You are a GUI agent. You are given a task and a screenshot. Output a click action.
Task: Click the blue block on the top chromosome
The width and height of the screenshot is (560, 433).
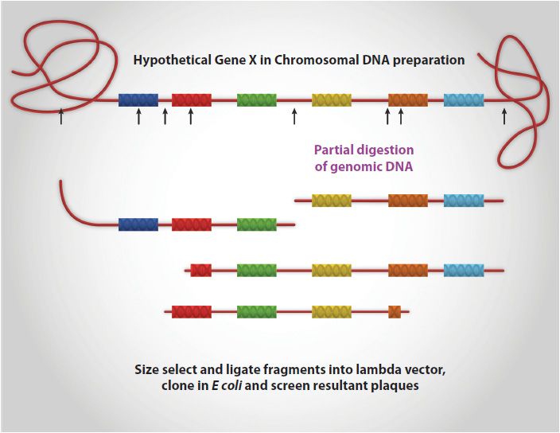tap(138, 100)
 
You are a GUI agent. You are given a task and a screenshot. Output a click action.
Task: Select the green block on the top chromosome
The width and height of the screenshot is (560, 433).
tap(257, 100)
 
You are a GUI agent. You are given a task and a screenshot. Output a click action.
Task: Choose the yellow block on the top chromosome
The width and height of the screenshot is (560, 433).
tap(332, 100)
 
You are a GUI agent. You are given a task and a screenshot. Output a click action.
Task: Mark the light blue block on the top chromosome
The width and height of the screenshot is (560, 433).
tap(464, 100)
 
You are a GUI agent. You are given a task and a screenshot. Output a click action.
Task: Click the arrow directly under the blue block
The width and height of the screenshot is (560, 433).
tap(138, 117)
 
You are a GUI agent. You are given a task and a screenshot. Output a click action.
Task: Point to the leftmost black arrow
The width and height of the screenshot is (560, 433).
tap(61, 117)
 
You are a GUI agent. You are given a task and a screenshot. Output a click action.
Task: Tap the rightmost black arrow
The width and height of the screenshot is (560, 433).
tap(504, 117)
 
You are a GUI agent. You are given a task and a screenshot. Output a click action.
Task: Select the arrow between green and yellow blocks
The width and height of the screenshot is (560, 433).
tap(294, 117)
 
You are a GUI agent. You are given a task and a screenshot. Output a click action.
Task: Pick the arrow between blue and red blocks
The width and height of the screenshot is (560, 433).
tap(165, 117)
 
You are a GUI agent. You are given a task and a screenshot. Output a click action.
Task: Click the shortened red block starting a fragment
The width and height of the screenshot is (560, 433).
tap(201, 271)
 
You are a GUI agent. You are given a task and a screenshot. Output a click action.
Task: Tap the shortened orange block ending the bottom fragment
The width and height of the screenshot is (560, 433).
tap(395, 312)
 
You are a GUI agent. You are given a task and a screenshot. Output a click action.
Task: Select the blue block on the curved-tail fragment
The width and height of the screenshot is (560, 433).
tap(138, 224)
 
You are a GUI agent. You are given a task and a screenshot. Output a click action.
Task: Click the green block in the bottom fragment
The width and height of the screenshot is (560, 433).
tap(257, 312)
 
